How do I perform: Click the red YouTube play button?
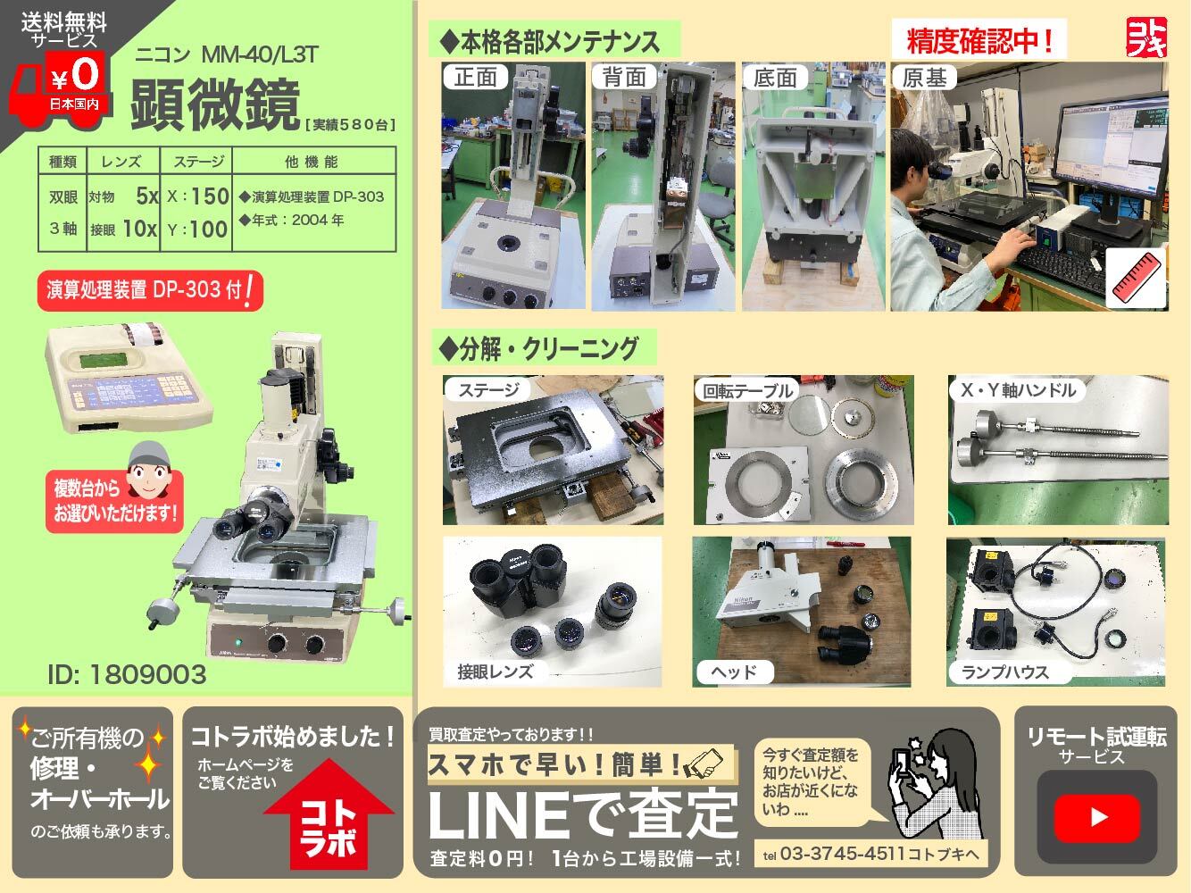point(1096,818)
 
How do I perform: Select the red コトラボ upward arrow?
point(329,814)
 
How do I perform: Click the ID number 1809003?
point(127,674)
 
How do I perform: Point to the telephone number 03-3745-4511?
point(842,854)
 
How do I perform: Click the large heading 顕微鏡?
point(215,104)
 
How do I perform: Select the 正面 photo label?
point(475,77)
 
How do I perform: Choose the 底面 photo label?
point(775,78)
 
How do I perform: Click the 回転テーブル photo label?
point(747,390)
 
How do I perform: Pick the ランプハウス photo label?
point(1005,672)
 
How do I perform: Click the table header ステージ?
point(198,162)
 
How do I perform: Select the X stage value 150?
point(210,196)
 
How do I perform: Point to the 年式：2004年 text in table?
point(292,221)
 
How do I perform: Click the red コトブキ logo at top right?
point(1146,37)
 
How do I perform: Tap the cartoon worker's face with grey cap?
point(148,472)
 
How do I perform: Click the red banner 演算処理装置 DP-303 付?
point(150,291)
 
